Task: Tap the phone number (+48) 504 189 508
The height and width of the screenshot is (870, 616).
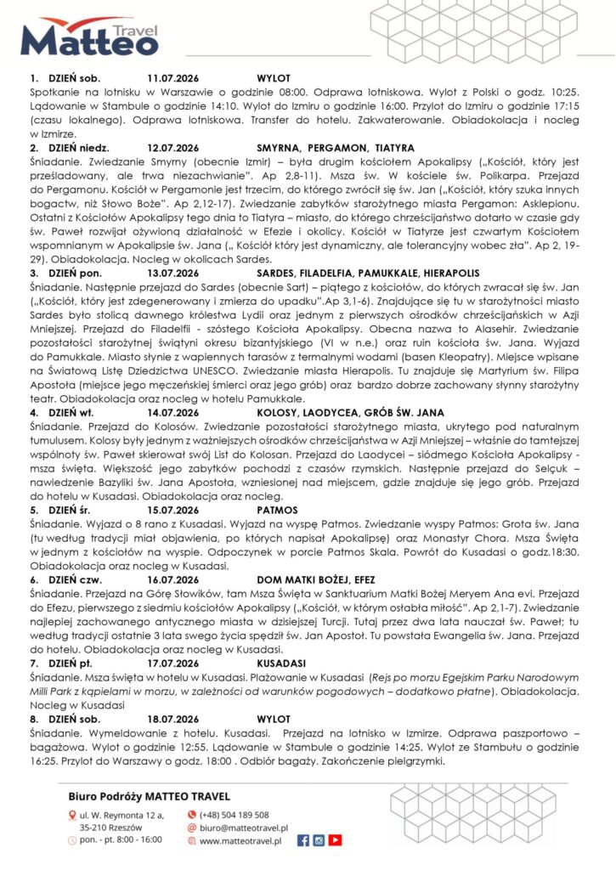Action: [234, 814]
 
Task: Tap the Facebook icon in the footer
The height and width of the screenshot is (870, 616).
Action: [303, 840]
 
